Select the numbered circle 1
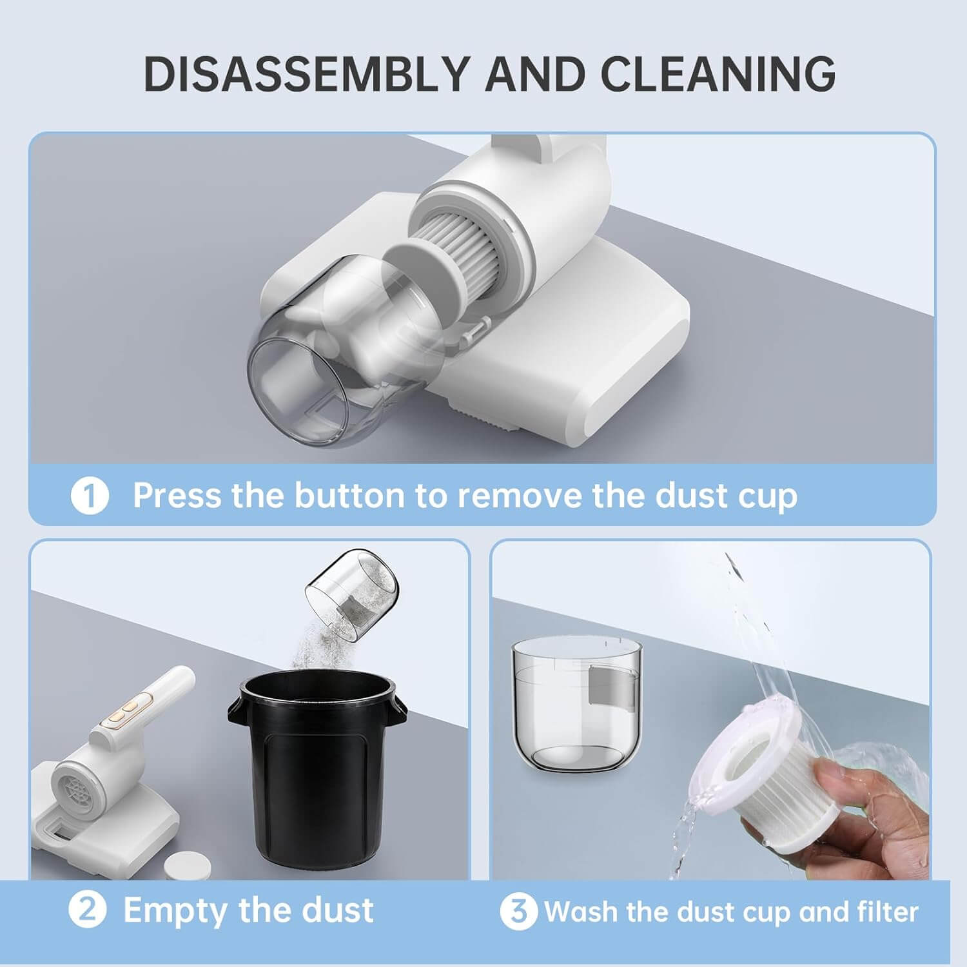[90, 496]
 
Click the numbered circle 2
[88, 910]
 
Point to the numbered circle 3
[519, 912]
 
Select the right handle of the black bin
[397, 709]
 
